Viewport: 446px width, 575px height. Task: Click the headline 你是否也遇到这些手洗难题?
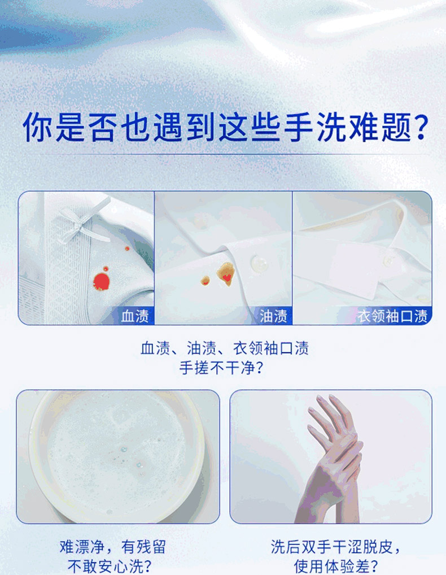pyautogui.click(x=225, y=127)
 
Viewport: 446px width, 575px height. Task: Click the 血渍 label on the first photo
pyautogui.click(x=135, y=316)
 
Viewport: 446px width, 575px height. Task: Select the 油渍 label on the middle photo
pyautogui.click(x=273, y=316)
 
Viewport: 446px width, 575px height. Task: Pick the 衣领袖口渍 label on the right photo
pyautogui.click(x=392, y=316)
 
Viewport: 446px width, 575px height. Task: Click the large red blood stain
pyautogui.click(x=101, y=281)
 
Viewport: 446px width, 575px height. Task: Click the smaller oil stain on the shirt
pyautogui.click(x=205, y=281)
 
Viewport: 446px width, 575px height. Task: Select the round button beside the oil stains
pyautogui.click(x=259, y=263)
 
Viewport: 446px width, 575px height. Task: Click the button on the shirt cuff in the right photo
pyautogui.click(x=387, y=261)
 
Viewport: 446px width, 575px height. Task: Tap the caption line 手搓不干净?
pyautogui.click(x=221, y=368)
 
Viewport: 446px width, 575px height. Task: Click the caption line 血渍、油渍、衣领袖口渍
pyautogui.click(x=225, y=347)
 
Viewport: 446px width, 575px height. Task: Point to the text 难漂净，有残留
pyautogui.click(x=113, y=547)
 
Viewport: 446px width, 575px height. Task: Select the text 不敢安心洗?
pyautogui.click(x=109, y=567)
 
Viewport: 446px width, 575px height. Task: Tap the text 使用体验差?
pyautogui.click(x=336, y=567)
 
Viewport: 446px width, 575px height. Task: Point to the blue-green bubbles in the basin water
pyautogui.click(x=132, y=459)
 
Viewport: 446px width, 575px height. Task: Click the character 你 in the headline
pyautogui.click(x=37, y=127)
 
